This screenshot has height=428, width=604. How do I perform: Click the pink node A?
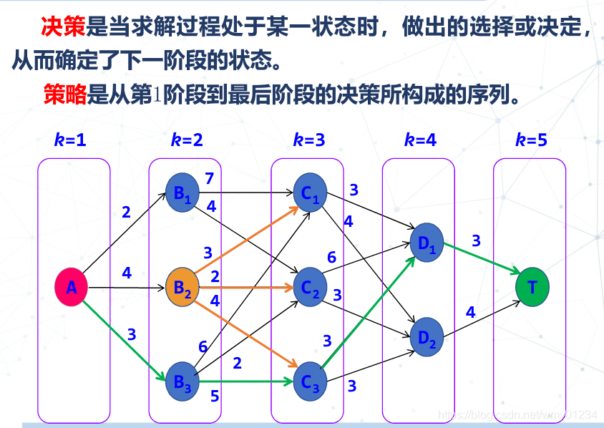point(72,287)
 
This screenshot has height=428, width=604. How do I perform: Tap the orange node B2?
point(182,287)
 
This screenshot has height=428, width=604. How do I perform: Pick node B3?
point(182,381)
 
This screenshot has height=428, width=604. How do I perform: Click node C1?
point(310,193)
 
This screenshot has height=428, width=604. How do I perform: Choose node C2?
point(310,288)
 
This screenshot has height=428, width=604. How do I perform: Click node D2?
point(427,335)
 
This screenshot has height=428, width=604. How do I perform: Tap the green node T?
point(532,287)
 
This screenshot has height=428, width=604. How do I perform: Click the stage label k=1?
point(70,140)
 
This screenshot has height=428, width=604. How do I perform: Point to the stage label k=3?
point(309,140)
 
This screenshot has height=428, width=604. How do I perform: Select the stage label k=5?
point(531,140)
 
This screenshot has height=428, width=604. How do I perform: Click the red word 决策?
point(64,28)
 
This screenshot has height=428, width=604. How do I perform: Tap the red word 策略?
point(64,94)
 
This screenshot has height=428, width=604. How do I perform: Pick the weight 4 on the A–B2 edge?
point(127,273)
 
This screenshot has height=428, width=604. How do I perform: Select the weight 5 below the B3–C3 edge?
point(215,395)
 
